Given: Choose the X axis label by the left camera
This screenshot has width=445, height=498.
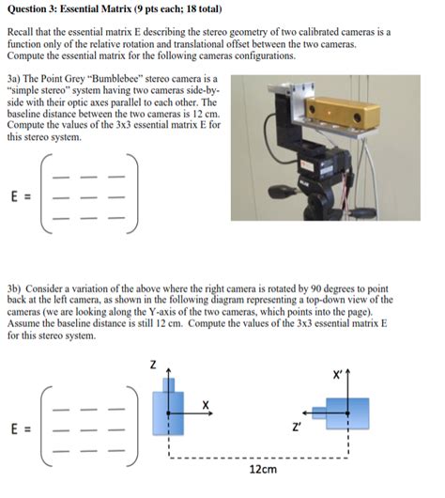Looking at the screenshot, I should click(x=206, y=404).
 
